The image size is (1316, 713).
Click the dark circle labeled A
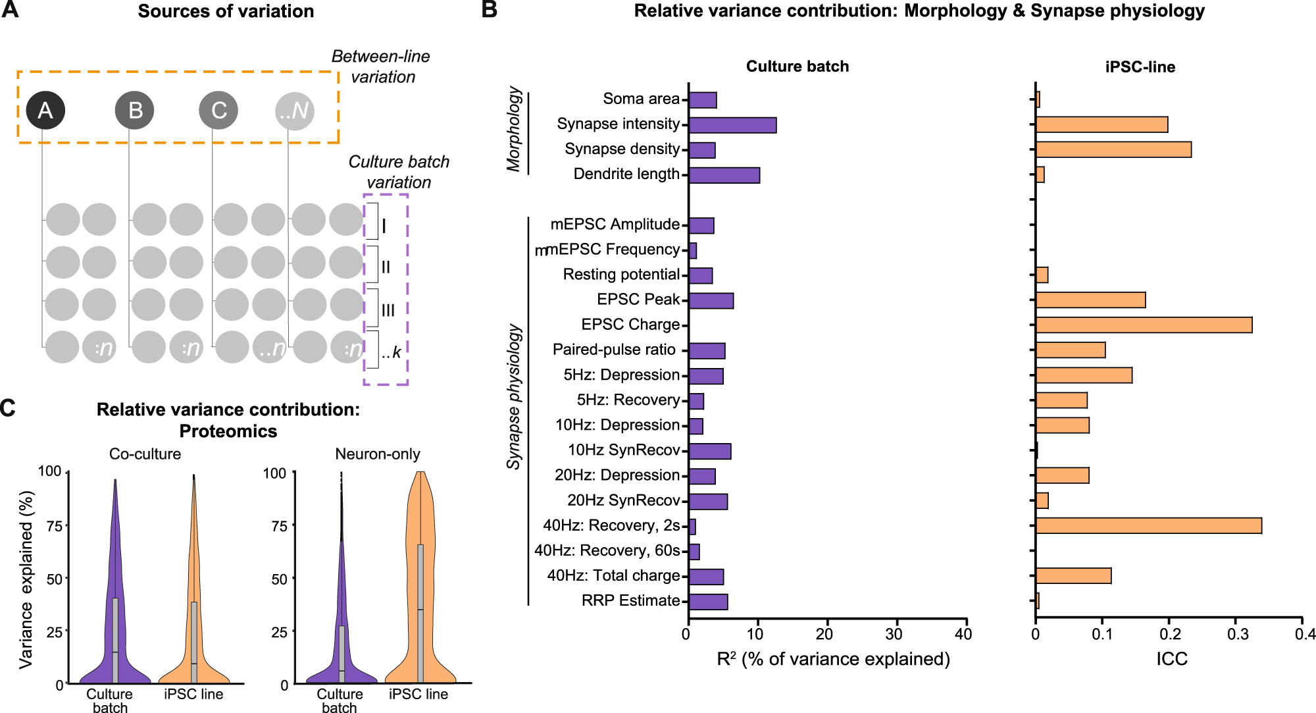point(45,110)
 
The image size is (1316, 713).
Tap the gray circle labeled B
point(135,110)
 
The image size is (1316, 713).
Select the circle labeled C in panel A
point(218,110)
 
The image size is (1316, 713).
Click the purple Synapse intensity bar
point(732,125)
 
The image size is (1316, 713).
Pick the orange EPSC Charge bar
point(1144,325)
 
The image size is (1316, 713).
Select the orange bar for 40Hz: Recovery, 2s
point(1148,525)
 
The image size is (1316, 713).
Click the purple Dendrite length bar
point(724,175)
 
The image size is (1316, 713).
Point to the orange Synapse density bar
point(1113,149)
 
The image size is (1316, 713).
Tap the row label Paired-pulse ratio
point(614,350)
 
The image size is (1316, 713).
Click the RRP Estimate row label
point(630,600)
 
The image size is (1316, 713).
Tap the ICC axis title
point(1171,659)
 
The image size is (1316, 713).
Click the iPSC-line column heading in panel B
point(1140,67)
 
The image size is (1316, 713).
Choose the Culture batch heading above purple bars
point(797,66)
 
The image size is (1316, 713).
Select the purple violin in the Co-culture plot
point(115,625)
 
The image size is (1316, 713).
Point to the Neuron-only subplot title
point(377,454)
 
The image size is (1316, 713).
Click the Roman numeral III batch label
point(388,310)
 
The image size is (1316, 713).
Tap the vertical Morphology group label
point(514,130)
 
